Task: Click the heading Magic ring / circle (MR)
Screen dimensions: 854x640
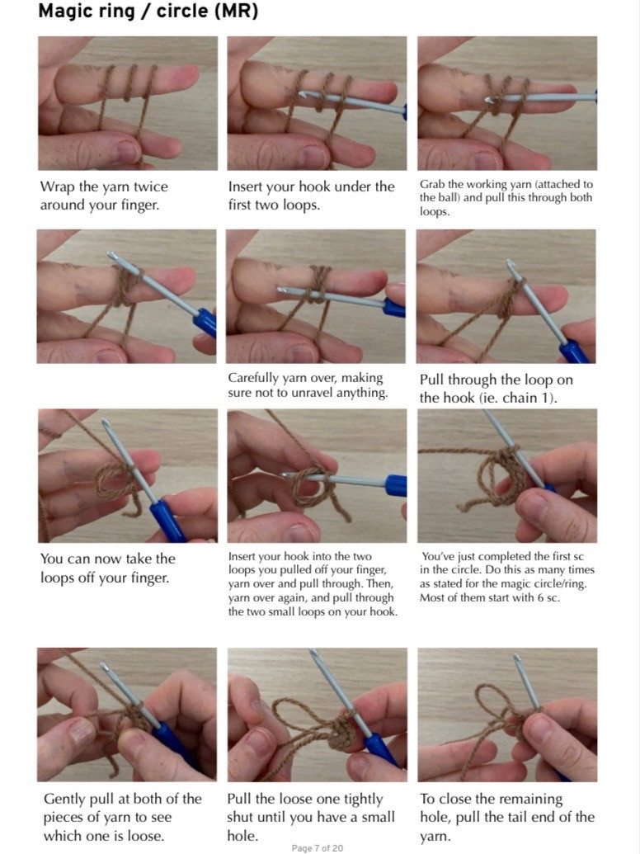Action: [148, 13]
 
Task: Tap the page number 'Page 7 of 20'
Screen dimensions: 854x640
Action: [317, 847]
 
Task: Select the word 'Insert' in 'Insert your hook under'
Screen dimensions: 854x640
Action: [246, 186]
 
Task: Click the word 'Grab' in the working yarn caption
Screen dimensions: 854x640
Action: [432, 185]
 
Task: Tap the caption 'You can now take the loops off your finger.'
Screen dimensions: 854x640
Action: [107, 568]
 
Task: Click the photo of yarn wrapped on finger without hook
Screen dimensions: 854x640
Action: [127, 103]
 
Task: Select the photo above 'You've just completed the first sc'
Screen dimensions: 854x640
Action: [506, 475]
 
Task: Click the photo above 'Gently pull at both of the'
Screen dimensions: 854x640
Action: [127, 715]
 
